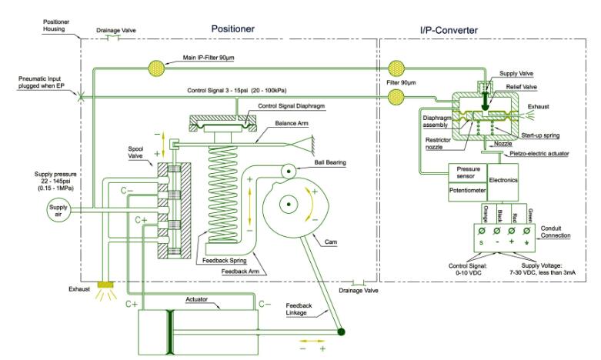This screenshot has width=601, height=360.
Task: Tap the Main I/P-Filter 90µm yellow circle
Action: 159,68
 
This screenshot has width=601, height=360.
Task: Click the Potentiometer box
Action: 468,188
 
